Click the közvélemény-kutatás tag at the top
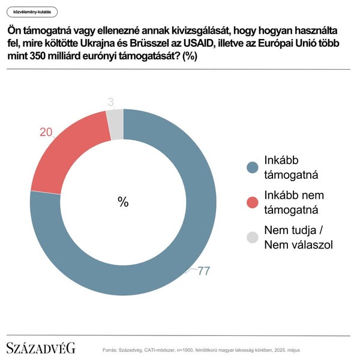coord(32,11)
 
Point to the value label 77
coord(203,271)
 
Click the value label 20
coord(46,132)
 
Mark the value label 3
coord(110,103)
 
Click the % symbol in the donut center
coord(123,202)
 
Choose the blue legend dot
coord(253,168)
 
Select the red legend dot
coord(253,203)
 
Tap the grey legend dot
coord(253,238)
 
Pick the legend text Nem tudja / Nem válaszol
coord(298,238)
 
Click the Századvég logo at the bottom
coord(41,348)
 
